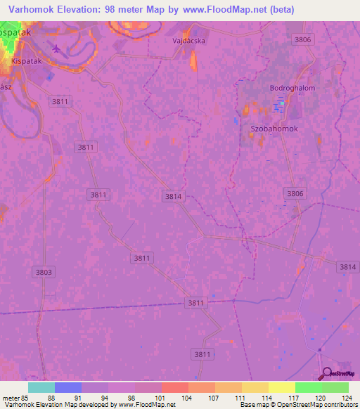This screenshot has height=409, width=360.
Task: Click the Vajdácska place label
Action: click(x=188, y=41)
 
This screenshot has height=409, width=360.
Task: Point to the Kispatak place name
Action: click(x=27, y=61)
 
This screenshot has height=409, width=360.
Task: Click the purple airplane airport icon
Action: click(x=56, y=48)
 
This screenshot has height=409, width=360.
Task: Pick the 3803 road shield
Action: click(x=43, y=271)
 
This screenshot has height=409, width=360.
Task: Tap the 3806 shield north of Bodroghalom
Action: click(x=303, y=39)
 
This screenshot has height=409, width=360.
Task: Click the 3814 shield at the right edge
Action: click(x=347, y=266)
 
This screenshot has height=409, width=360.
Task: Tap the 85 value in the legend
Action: click(x=28, y=397)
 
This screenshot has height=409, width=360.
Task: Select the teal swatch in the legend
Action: click(x=41, y=387)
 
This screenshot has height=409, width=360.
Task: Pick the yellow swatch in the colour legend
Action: click(x=282, y=387)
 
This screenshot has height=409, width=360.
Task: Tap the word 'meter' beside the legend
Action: click(x=11, y=397)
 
